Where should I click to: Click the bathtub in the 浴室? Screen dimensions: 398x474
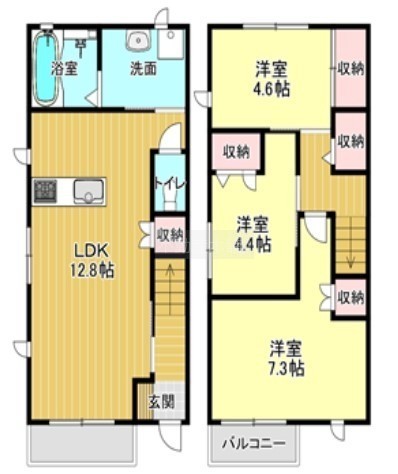click(x=47, y=68)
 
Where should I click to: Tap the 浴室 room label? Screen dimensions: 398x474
click(x=64, y=69)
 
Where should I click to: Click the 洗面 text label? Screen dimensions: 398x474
click(x=143, y=69)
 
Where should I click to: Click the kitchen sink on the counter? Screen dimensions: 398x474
click(x=89, y=191)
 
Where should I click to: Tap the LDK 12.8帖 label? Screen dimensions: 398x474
click(x=91, y=261)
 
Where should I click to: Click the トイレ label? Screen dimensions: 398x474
click(x=170, y=185)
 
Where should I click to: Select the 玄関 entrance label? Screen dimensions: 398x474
click(x=161, y=401)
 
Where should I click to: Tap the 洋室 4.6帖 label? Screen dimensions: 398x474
click(x=272, y=79)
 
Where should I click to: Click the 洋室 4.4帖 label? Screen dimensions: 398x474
click(x=253, y=234)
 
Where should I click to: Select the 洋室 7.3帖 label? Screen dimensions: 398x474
click(x=286, y=358)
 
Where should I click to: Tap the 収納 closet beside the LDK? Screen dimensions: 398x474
click(x=170, y=235)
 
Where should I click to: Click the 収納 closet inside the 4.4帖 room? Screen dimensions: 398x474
click(x=236, y=152)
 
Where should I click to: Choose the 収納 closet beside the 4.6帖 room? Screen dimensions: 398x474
click(x=350, y=69)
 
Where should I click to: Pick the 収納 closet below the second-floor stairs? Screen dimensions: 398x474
click(x=350, y=297)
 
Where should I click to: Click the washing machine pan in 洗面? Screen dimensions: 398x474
click(x=171, y=44)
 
